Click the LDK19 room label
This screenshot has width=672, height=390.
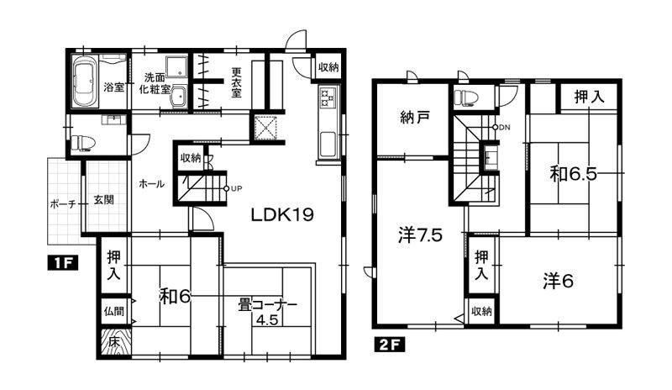click(282, 214)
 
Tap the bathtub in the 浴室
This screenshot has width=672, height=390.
click(85, 82)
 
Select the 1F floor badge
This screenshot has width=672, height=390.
click(62, 263)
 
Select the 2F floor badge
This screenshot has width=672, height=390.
click(389, 345)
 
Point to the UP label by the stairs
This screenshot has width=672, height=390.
click(237, 188)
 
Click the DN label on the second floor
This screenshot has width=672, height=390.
click(505, 128)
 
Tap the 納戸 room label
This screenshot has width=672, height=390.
click(415, 118)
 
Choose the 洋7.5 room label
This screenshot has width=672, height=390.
click(420, 235)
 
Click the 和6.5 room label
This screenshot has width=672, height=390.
click(574, 174)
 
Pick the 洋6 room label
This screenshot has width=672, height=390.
click(558, 282)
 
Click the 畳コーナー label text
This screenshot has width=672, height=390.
click(268, 305)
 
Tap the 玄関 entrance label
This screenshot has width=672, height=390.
click(103, 199)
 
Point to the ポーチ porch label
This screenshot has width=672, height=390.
click(63, 203)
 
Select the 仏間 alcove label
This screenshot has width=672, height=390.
click(113, 311)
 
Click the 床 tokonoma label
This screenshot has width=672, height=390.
click(113, 342)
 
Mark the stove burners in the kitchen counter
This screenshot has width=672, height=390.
click(328, 97)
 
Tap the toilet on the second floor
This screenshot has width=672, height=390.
click(465, 97)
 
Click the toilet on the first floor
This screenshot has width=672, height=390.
click(83, 143)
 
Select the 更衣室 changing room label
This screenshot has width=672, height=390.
click(236, 82)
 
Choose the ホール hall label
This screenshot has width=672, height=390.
click(151, 184)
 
